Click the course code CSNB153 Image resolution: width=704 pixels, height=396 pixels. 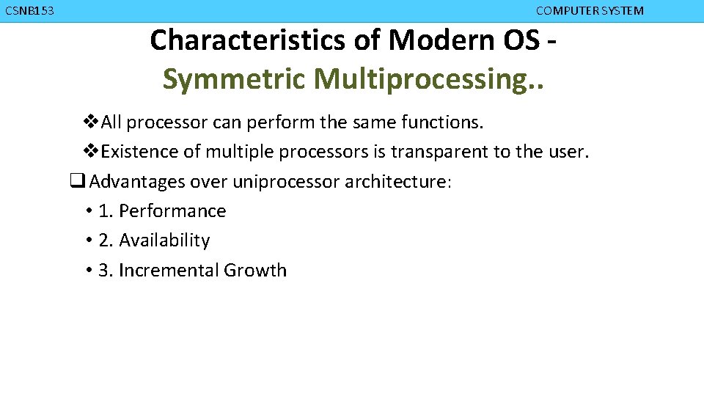coord(29,11)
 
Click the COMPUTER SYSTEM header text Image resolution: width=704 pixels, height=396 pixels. coord(590,11)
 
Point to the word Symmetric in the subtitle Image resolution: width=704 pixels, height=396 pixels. coord(234,79)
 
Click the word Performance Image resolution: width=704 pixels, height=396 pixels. coord(172,211)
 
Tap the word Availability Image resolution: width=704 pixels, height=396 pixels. coord(164,241)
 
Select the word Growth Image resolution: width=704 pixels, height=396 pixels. coord(255,271)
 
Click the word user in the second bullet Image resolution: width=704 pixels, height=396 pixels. coord(567,152)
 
